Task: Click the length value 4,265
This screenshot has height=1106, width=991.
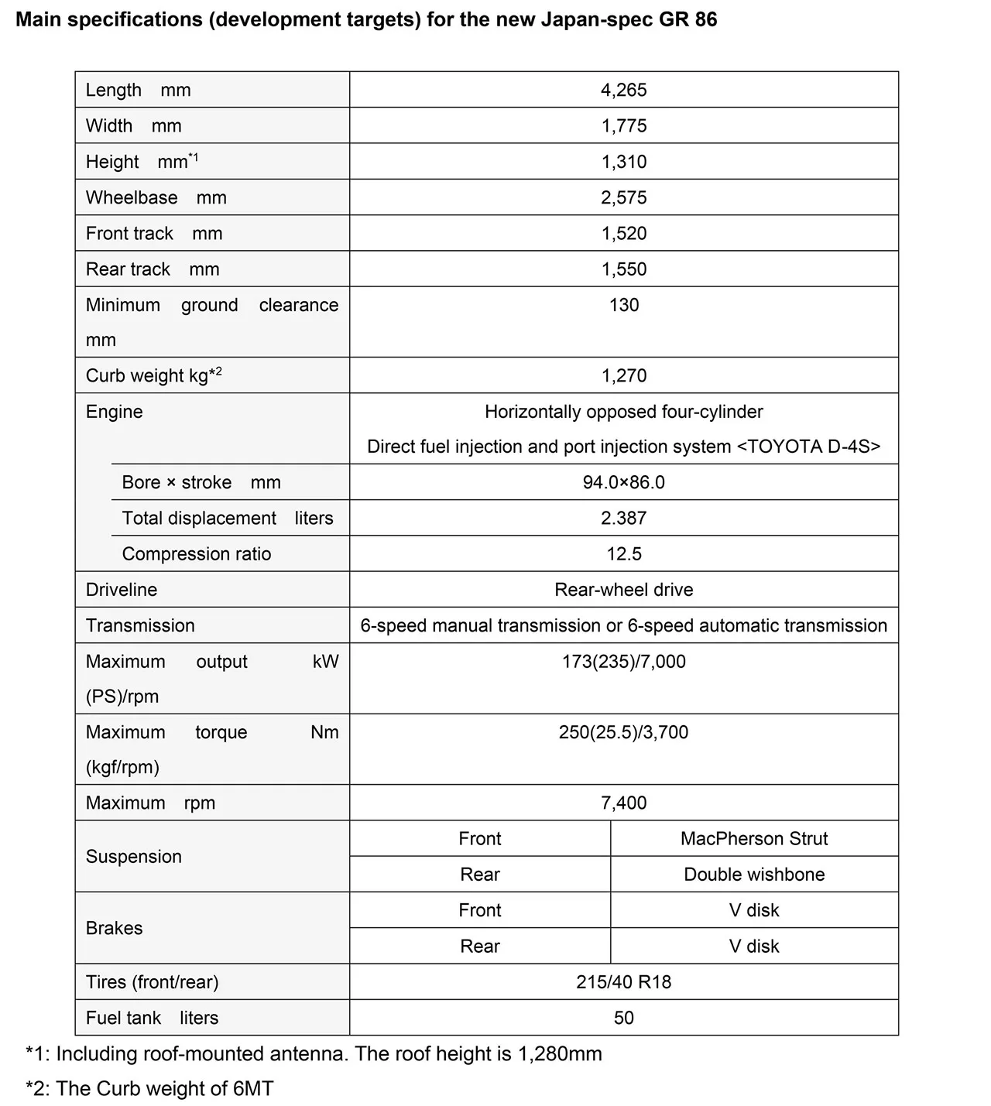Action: [623, 90]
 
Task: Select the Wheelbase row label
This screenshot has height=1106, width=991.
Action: [156, 197]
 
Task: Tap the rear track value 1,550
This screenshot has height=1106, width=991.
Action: [623, 269]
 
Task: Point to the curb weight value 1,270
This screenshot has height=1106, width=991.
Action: [623, 375]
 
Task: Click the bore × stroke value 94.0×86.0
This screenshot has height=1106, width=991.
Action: [623, 482]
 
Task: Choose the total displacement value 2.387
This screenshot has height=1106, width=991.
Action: [623, 518]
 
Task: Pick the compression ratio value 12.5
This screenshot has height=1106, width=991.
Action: [623, 554]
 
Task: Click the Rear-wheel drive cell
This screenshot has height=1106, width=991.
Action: [623, 590]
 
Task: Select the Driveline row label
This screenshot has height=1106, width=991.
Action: [122, 590]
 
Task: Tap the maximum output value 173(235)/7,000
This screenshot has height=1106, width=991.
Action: [623, 662]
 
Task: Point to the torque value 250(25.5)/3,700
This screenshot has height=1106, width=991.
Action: [623, 732]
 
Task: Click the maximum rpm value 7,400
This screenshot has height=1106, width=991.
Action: [623, 803]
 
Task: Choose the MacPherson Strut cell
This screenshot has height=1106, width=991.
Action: [754, 839]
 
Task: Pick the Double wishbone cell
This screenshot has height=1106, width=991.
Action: [754, 875]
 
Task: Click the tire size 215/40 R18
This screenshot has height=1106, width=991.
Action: [623, 982]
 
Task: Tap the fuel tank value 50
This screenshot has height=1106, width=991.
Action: [623, 1018]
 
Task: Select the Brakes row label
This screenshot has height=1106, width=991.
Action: [115, 928]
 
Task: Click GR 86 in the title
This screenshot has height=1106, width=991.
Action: [684, 19]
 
